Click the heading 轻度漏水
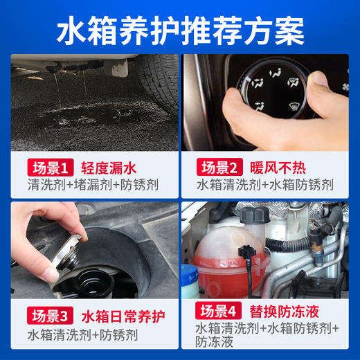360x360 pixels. [105, 168]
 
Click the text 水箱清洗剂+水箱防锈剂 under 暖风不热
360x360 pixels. [264, 186]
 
